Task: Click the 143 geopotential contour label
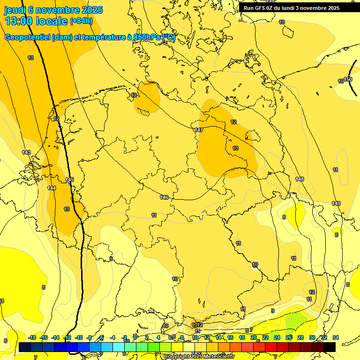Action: (x=26, y=152)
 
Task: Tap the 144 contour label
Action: (x=52, y=188)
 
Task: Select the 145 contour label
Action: (x=69, y=180)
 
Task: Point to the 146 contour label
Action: (x=164, y=197)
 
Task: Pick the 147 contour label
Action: (x=198, y=130)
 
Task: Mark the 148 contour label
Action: (x=300, y=179)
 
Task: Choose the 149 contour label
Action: (x=336, y=203)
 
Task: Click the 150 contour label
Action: (x=348, y=79)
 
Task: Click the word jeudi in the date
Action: (x=15, y=10)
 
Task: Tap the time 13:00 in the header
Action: (x=21, y=21)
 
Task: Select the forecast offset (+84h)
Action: (x=81, y=21)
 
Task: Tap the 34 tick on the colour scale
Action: (x=336, y=337)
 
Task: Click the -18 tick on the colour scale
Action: (x=32, y=337)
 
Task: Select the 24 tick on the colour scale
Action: (x=277, y=337)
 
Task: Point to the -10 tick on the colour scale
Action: (x=79, y=337)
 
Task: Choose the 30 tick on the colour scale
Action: (x=312, y=337)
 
